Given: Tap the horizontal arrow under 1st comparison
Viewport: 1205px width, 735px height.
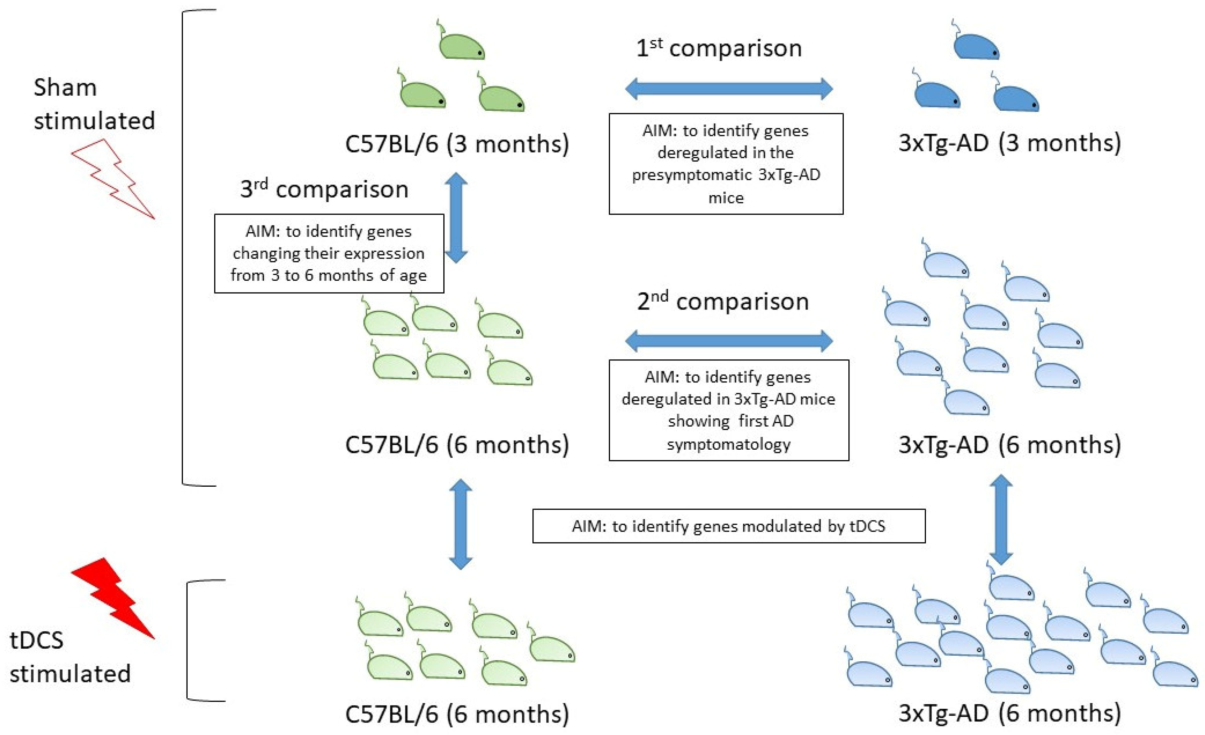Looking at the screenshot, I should [x=729, y=89].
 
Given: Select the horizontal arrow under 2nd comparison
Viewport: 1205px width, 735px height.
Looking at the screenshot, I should [x=729, y=340].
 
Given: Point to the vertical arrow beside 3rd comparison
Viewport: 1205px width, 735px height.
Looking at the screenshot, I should [x=456, y=218].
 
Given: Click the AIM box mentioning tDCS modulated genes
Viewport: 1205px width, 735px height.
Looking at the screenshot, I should [x=729, y=526].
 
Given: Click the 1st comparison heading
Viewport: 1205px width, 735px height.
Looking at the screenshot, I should [x=719, y=48].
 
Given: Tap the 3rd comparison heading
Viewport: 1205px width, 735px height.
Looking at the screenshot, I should [x=324, y=189].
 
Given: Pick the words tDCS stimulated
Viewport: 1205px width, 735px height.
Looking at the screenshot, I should [x=70, y=657].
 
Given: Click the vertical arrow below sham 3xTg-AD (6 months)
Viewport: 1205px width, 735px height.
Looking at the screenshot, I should [x=1001, y=519].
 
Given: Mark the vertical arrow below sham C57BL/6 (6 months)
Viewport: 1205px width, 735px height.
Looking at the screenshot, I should [x=460, y=524].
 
